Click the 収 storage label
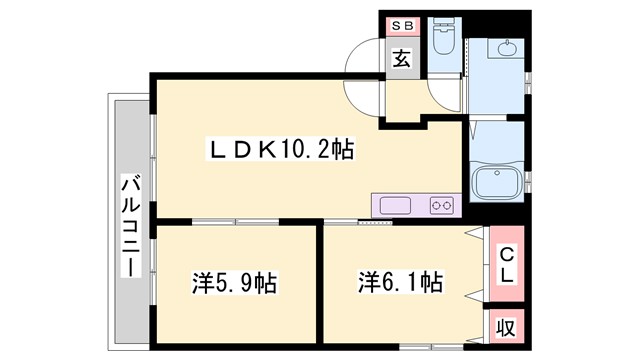pos(507,327)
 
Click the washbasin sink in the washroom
pos(507,49)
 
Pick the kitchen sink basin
pos(396,206)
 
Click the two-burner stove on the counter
pos(441,206)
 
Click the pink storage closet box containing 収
pos(506,327)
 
